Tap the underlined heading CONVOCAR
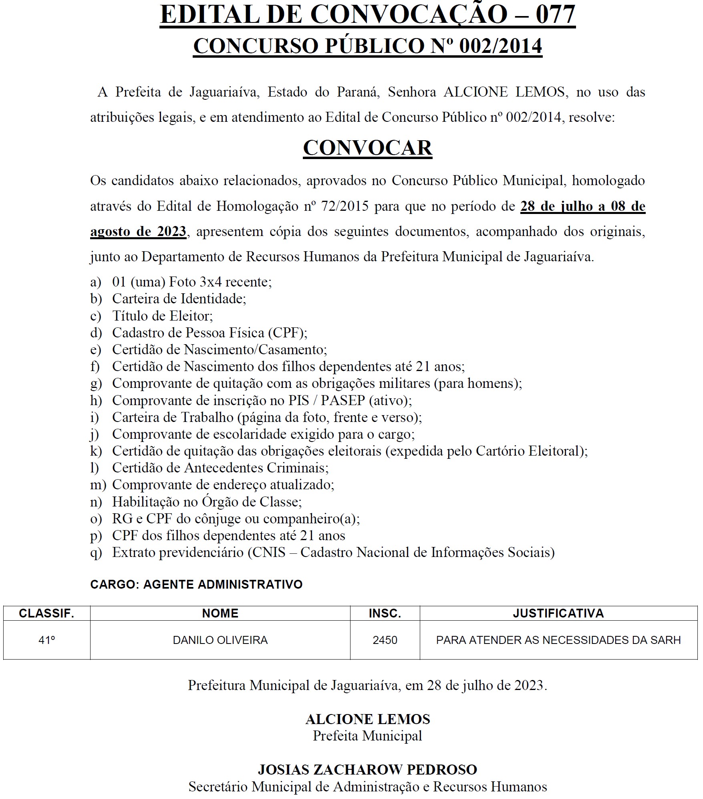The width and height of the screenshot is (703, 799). pyautogui.click(x=367, y=148)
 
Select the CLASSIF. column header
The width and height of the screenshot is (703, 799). pyautogui.click(x=46, y=613)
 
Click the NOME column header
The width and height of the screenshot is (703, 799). pyautogui.click(x=220, y=613)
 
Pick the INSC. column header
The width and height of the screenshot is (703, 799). pyautogui.click(x=385, y=613)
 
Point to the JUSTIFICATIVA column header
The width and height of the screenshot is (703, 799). pyautogui.click(x=558, y=613)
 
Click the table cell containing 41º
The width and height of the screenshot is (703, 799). pyautogui.click(x=46, y=640)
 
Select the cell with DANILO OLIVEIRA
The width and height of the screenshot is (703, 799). pyautogui.click(x=220, y=640)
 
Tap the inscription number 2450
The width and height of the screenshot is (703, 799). pyautogui.click(x=385, y=640)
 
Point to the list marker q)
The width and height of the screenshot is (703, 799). pyautogui.click(x=96, y=553)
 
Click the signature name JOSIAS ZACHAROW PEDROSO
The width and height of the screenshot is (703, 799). pyautogui.click(x=367, y=769)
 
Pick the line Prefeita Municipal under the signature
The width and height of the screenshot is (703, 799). pyautogui.click(x=367, y=736)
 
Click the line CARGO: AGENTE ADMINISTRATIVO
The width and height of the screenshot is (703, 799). pyautogui.click(x=196, y=584)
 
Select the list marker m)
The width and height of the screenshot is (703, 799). pyautogui.click(x=98, y=485)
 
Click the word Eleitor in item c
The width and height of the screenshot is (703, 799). pyautogui.click(x=191, y=316)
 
